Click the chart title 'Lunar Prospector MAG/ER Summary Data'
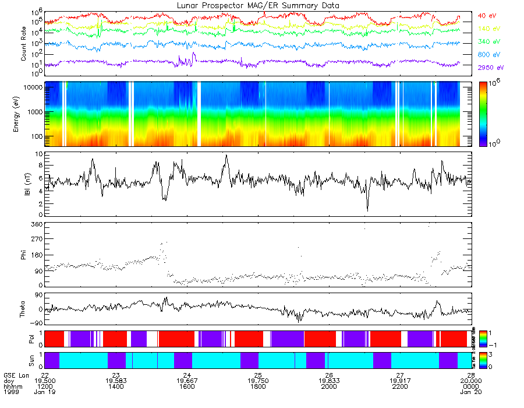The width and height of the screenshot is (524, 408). click(x=258, y=5)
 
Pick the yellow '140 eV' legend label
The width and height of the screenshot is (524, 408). click(x=489, y=29)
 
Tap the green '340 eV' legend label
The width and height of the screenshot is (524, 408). click(x=489, y=41)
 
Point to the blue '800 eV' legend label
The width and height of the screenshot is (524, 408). click(x=489, y=55)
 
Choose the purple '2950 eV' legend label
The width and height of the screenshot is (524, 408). click(x=491, y=68)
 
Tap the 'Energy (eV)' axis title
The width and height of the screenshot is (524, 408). click(x=24, y=114)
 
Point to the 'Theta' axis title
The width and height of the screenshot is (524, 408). click(x=24, y=309)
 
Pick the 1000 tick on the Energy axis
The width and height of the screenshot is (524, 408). click(x=34, y=111)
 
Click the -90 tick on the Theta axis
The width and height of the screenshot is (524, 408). click(x=34, y=323)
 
